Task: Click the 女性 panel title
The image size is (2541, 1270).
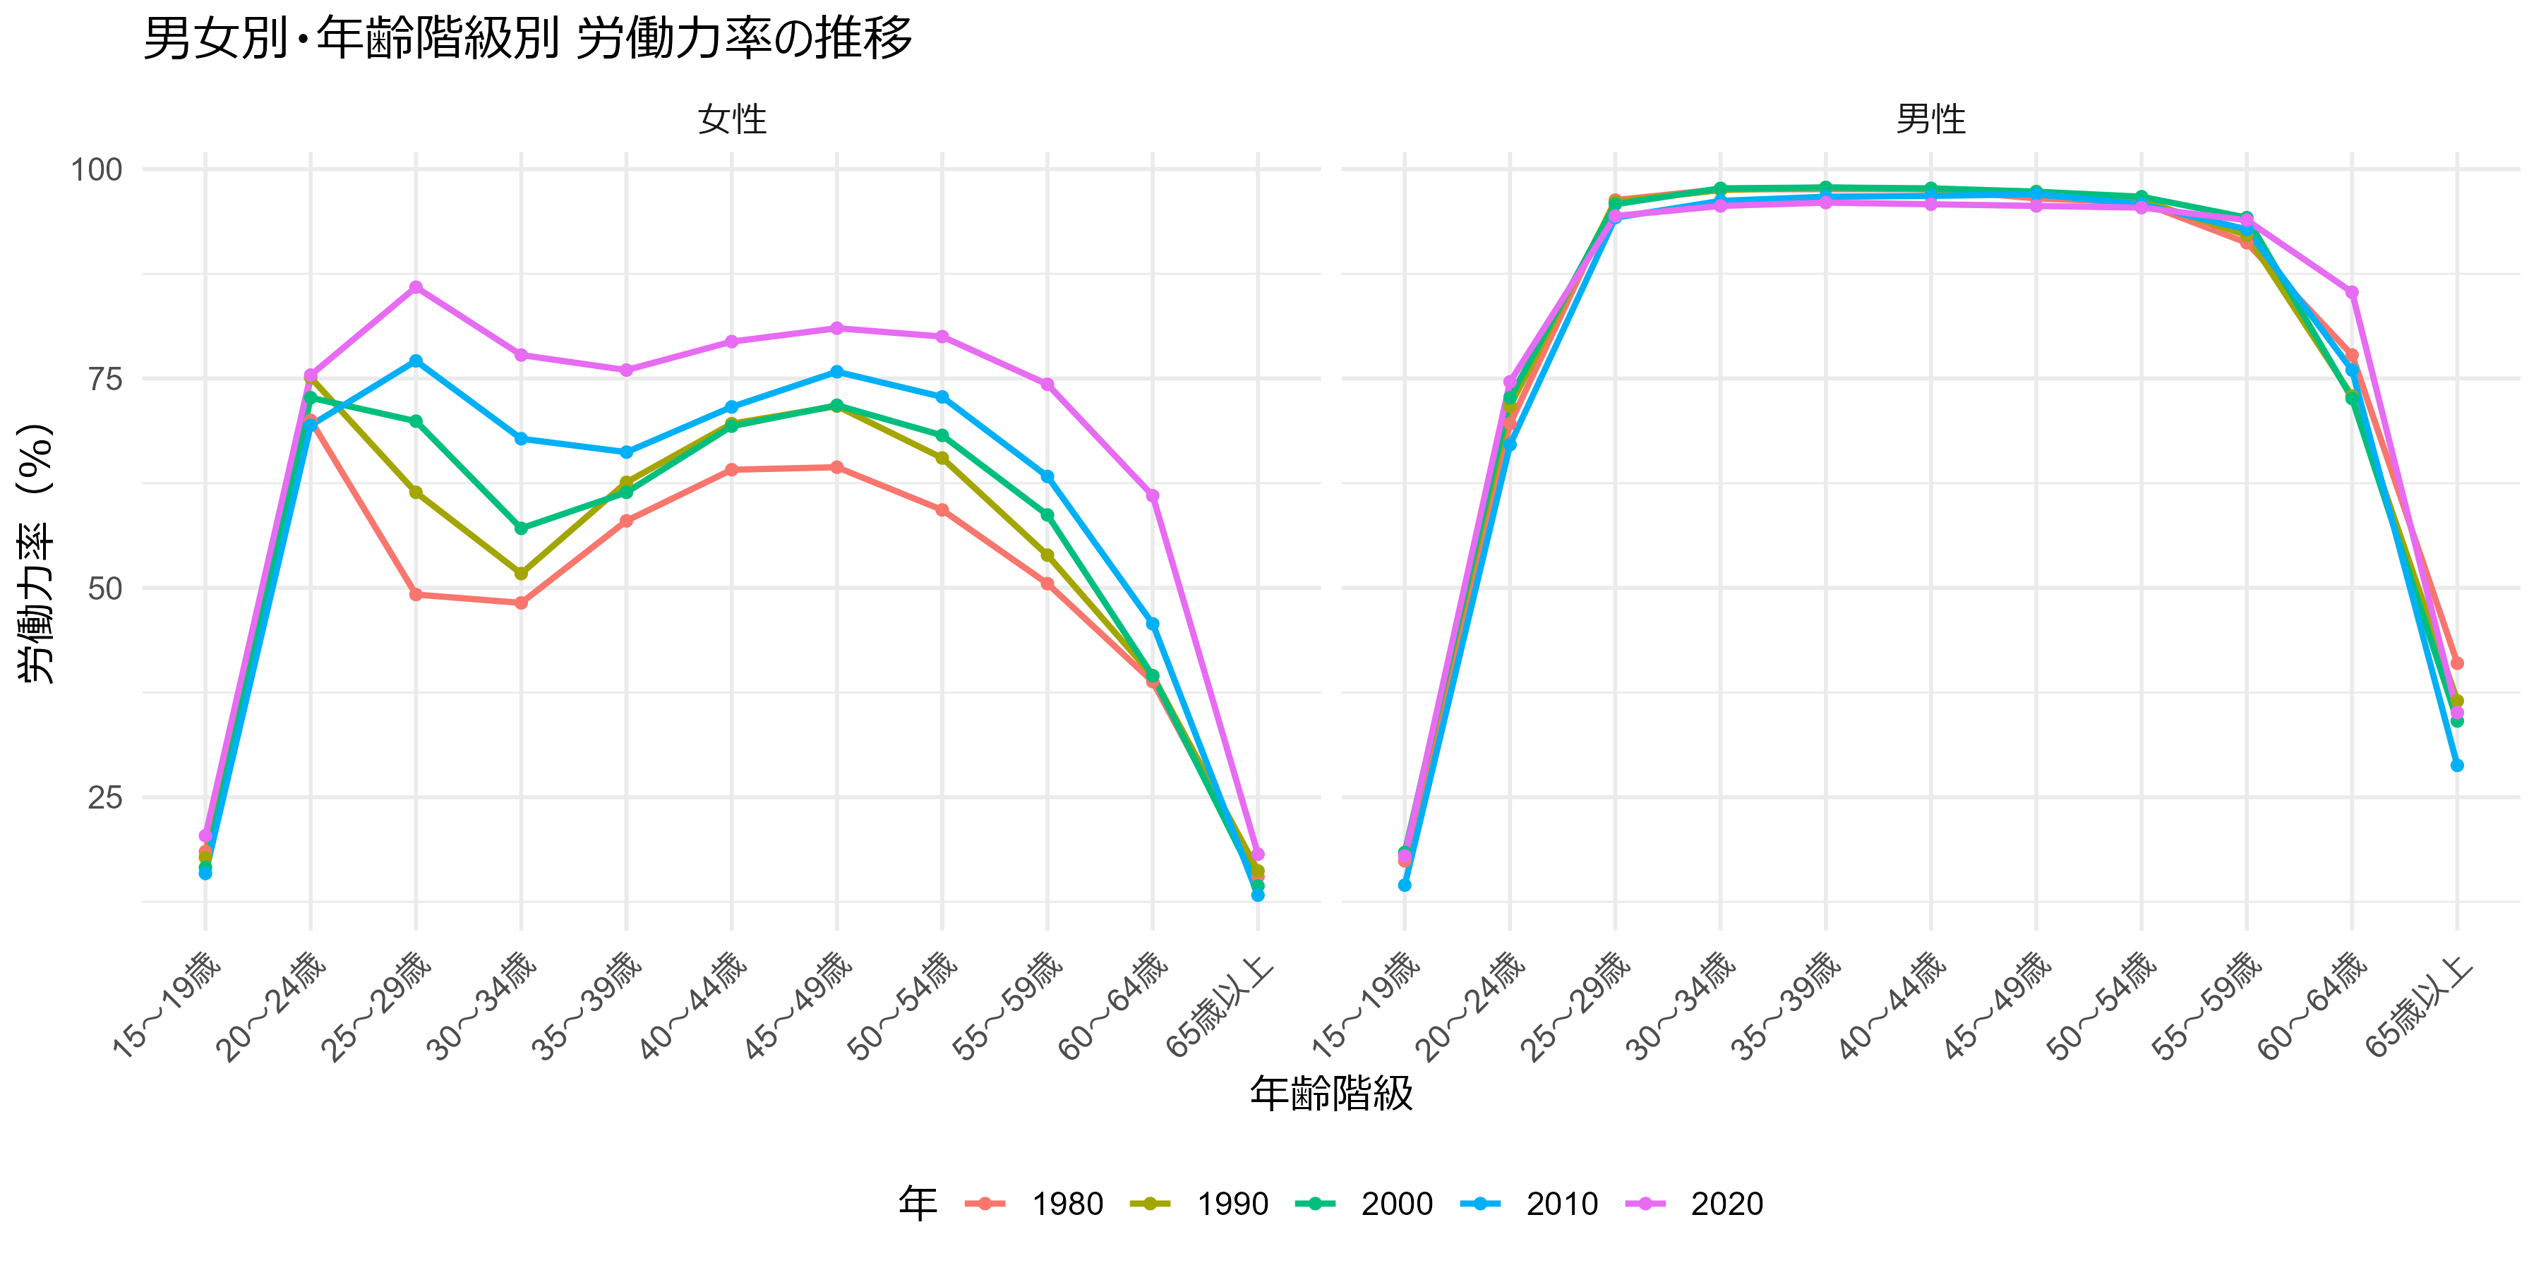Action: tap(731, 119)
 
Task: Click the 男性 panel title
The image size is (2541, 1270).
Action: tap(1930, 119)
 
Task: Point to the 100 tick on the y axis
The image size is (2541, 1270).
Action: tap(97, 169)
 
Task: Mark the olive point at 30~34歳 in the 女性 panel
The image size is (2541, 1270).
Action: tap(521, 573)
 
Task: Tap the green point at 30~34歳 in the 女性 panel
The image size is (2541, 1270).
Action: tap(521, 528)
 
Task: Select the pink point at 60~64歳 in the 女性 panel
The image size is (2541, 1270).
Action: tap(1152, 495)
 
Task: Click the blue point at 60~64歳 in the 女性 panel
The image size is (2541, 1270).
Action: tap(1152, 623)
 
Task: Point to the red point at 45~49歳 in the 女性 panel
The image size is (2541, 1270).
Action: tap(836, 467)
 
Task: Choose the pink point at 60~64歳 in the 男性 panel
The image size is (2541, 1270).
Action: tap(2352, 293)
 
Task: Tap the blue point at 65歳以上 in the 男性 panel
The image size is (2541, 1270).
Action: tap(2456, 765)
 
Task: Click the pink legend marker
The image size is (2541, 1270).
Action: tap(1645, 1203)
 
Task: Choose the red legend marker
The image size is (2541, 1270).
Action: tap(985, 1203)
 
